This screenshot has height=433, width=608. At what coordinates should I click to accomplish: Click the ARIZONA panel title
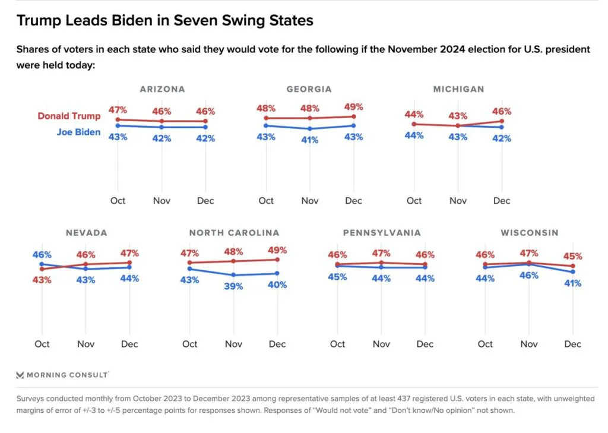pyautogui.click(x=162, y=89)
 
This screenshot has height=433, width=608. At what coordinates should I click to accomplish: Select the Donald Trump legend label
pyautogui.click(x=69, y=116)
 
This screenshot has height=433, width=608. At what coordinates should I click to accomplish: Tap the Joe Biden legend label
pyautogui.click(x=78, y=132)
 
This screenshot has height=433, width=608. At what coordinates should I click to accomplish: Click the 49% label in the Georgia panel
pyautogui.click(x=353, y=107)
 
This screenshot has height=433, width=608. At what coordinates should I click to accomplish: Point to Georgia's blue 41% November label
pyautogui.click(x=309, y=140)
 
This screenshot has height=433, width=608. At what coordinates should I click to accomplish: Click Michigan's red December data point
pyautogui.click(x=502, y=121)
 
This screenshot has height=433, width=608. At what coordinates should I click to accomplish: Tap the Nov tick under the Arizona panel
pyautogui.click(x=161, y=201)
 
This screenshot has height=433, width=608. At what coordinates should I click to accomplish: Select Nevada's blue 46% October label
pyautogui.click(x=42, y=254)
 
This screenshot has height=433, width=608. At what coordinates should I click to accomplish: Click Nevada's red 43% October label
pyautogui.click(x=42, y=280)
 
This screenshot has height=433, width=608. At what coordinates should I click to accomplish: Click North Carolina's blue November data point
pyautogui.click(x=233, y=275)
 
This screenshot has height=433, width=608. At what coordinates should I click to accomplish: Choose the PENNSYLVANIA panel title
pyautogui.click(x=382, y=233)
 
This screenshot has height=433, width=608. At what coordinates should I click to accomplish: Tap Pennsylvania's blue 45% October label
pyautogui.click(x=337, y=277)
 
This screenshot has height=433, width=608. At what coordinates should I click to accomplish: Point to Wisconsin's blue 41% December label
pyautogui.click(x=572, y=283)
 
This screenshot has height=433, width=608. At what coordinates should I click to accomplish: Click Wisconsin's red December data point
pyautogui.click(x=572, y=266)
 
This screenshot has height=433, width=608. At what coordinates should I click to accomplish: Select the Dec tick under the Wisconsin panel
pyautogui.click(x=572, y=344)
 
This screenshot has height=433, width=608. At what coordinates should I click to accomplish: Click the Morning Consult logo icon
pyautogui.click(x=20, y=375)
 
